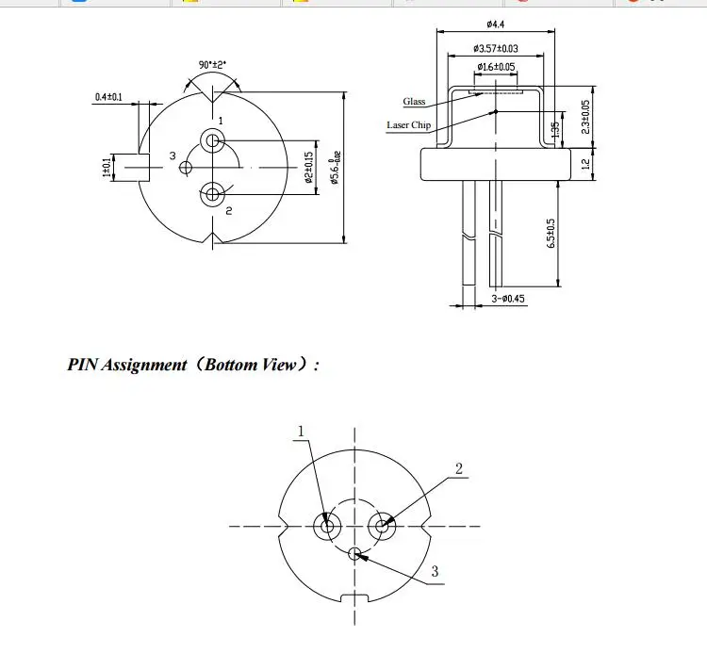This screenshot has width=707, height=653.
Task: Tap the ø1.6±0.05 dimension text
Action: pyautogui.click(x=496, y=67)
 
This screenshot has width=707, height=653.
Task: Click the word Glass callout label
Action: pyautogui.click(x=415, y=102)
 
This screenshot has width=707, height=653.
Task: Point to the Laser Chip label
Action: pyautogui.click(x=408, y=125)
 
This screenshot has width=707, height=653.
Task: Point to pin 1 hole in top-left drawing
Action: pyautogui.click(x=212, y=142)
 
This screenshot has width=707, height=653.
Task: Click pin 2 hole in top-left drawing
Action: pyautogui.click(x=212, y=195)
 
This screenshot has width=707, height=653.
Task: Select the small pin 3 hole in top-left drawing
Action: pyautogui.click(x=186, y=168)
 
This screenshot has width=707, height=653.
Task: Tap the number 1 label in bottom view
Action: pyautogui.click(x=302, y=432)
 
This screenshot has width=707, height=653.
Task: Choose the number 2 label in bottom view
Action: pyautogui.click(x=459, y=468)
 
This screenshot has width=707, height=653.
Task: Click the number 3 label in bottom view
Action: pyautogui.click(x=435, y=571)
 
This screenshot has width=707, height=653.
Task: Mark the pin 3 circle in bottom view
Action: pyautogui.click(x=354, y=553)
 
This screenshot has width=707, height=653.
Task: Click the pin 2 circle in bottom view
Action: pyautogui.click(x=383, y=526)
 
